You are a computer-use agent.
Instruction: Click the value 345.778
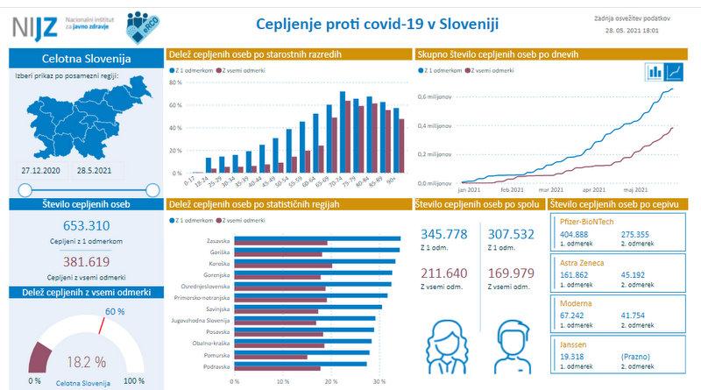click(444, 234)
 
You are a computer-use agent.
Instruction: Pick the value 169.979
click(511, 273)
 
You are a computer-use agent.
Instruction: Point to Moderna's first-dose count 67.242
click(572, 315)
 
